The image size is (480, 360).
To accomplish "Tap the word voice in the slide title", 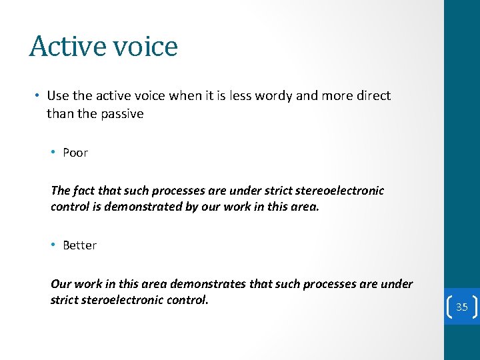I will coord(145,47).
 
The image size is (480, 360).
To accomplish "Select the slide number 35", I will coord(462,307).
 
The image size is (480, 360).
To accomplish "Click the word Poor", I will coord(75,153).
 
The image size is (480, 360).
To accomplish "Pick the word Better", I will coord(79,245).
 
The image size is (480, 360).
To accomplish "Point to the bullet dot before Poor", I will coord(53,153).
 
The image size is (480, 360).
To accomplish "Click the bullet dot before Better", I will coord(53,245).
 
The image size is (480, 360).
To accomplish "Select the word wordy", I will coord(274,95).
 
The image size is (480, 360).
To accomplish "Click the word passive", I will coord(123,113).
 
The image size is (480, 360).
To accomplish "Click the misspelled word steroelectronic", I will coord(122,300).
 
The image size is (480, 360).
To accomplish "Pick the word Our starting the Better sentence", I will coord(61,284).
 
